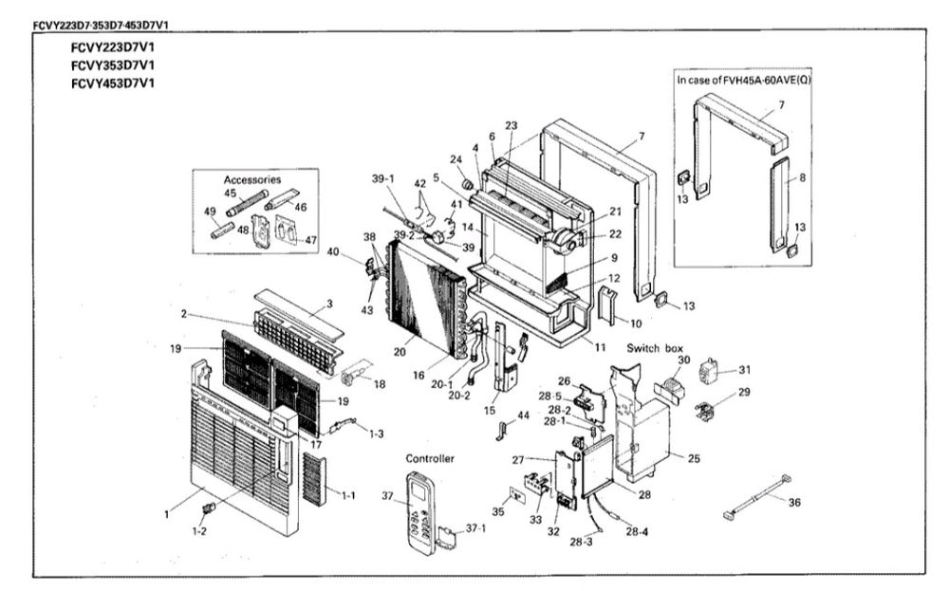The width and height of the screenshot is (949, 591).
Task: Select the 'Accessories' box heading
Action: tap(251, 179)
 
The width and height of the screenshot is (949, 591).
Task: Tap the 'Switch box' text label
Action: tap(656, 349)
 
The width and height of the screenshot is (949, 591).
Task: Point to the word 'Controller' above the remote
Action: tap(430, 458)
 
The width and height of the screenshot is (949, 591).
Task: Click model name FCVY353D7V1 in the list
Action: tap(112, 65)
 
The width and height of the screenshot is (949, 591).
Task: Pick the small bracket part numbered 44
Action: tap(500, 433)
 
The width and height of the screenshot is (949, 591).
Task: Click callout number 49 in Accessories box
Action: tap(211, 212)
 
